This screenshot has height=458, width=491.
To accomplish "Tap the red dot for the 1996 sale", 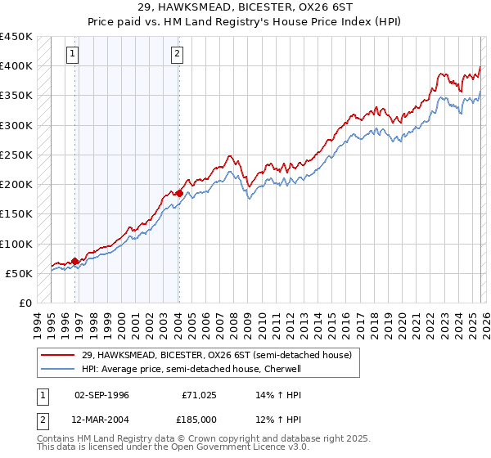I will tap(75, 261).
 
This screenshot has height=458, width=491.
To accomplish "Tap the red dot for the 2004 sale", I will tap(179, 193).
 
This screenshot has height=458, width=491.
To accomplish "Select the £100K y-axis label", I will tap(16, 244).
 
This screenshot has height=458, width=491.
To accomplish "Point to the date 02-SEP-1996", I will tap(101, 394).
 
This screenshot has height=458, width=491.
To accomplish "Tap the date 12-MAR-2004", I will tap(101, 420).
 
